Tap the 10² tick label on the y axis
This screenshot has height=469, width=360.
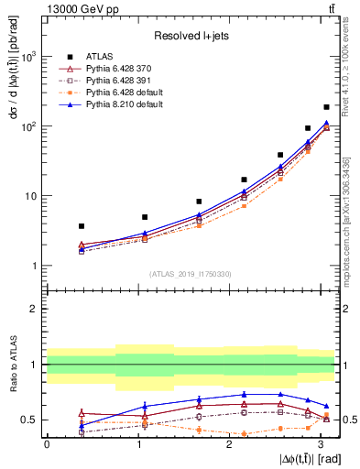pyautogui.click(x=30, y=126)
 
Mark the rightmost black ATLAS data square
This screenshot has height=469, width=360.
pyautogui.click(x=326, y=107)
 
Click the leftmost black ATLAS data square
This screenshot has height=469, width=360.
pyautogui.click(x=82, y=225)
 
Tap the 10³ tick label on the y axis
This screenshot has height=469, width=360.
pyautogui.click(x=30, y=57)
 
